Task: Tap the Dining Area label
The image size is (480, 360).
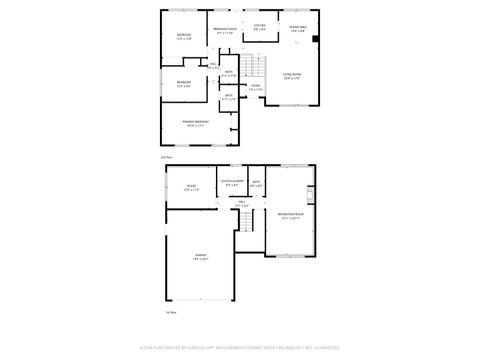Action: [x=297, y=27]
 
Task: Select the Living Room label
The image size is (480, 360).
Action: [x=292, y=75]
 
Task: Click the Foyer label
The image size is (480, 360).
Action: [x=255, y=85]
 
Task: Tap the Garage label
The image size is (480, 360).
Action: [x=200, y=256]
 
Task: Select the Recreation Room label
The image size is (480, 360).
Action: [x=291, y=214]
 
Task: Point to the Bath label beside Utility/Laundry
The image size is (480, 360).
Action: [x=256, y=182]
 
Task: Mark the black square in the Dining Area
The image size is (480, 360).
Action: [x=316, y=39]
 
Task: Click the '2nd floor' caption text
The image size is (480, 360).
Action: [x=167, y=157]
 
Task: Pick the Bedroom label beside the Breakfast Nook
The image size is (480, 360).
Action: [x=184, y=35]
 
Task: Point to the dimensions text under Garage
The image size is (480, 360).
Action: [x=200, y=260]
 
